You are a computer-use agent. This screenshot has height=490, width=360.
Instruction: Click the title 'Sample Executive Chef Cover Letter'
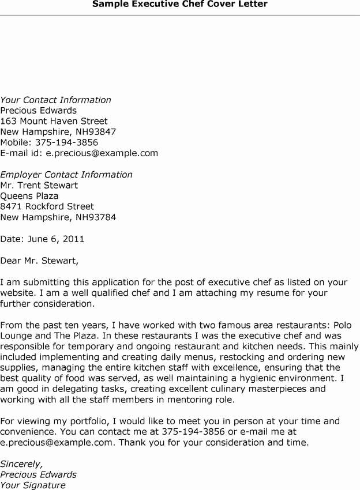point(180,5)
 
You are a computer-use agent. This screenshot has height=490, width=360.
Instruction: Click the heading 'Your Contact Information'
point(55,100)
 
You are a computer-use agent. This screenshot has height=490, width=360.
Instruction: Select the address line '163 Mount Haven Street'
point(54,121)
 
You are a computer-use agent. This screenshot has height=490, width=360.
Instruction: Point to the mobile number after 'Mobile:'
point(66,142)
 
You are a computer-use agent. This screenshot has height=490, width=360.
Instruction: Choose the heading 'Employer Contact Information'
point(66,175)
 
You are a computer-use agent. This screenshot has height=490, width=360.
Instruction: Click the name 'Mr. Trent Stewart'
point(39,186)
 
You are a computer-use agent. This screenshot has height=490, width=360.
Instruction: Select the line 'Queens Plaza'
point(29,196)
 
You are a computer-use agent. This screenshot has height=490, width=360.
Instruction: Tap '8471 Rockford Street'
point(47,206)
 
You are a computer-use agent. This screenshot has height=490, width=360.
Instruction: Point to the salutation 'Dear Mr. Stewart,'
point(39,261)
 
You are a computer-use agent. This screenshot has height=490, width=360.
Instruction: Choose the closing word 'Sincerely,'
point(21,464)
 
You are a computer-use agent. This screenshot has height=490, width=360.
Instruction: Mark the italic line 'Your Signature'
point(33,485)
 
